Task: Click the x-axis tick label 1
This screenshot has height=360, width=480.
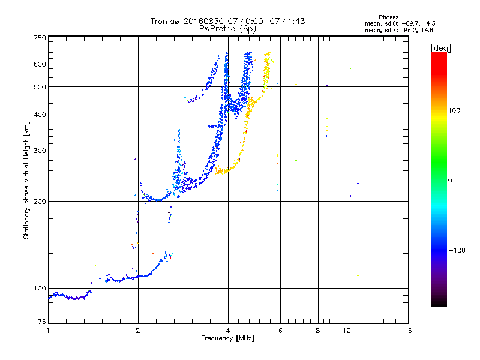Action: coord(48,330)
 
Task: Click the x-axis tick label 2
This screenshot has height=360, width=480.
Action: coord(138,330)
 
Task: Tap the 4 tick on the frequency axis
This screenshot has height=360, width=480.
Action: coord(228,330)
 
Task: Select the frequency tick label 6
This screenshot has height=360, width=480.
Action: coord(280,330)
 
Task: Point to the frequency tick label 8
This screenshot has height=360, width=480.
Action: coord(318,330)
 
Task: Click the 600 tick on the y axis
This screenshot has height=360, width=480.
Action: coord(40,64)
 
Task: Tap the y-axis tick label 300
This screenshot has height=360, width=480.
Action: coord(40,151)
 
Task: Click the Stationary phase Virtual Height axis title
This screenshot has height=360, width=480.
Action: coord(26,179)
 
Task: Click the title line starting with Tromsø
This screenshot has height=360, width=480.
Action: coord(227,21)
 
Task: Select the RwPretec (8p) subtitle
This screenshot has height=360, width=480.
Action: coord(227,28)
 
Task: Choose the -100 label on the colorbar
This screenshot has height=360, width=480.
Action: coord(457,250)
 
